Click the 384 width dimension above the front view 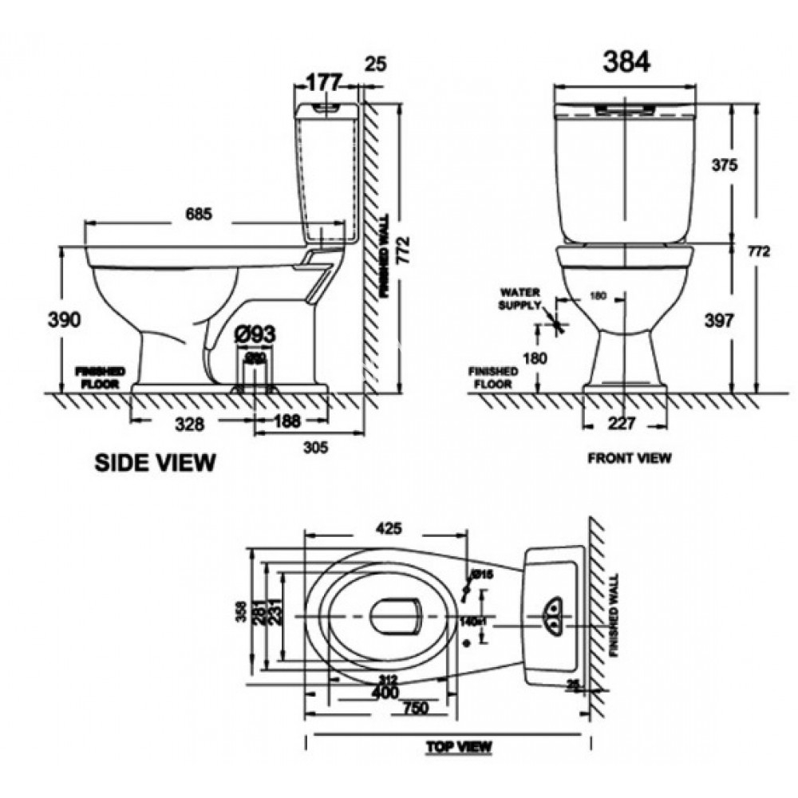click(x=627, y=61)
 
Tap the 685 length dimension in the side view click(x=199, y=214)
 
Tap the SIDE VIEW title click(x=155, y=462)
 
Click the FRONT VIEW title click(x=629, y=458)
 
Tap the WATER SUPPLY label click(x=519, y=298)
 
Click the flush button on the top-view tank click(x=553, y=614)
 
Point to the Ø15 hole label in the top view click(x=481, y=575)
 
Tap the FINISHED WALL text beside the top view click(x=612, y=614)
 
